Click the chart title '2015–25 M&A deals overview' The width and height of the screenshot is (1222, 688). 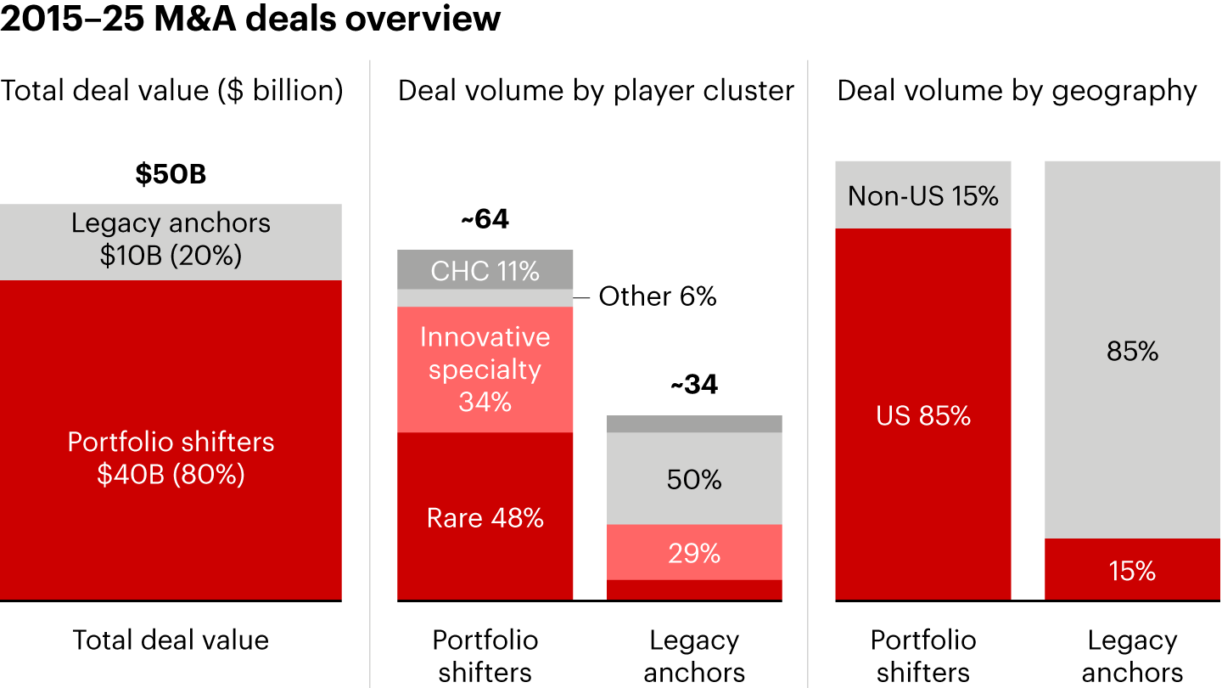pyautogui.click(x=250, y=19)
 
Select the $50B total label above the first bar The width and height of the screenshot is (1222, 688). pyautogui.click(x=171, y=174)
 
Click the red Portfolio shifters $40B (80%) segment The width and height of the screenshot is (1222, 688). pyautogui.click(x=171, y=459)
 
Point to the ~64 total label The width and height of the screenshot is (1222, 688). pyautogui.click(x=485, y=220)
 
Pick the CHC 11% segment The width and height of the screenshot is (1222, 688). pyautogui.click(x=485, y=270)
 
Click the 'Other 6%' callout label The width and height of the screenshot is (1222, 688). pyautogui.click(x=658, y=296)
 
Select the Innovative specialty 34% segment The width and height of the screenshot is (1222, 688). pyautogui.click(x=485, y=369)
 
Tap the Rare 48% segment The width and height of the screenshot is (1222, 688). pyautogui.click(x=485, y=518)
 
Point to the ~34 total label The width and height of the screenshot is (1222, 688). pyautogui.click(x=694, y=385)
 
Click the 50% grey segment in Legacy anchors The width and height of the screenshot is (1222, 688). pyautogui.click(x=694, y=480)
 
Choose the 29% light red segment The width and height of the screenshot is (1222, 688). pyautogui.click(x=694, y=553)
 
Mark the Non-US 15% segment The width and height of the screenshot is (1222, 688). pyautogui.click(x=923, y=196)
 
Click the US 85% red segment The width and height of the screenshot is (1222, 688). pyautogui.click(x=923, y=415)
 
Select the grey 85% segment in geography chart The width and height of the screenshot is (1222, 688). pyautogui.click(x=1132, y=351)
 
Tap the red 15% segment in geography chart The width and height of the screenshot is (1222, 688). pyautogui.click(x=1132, y=571)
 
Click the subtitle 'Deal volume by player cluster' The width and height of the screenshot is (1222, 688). pyautogui.click(x=596, y=91)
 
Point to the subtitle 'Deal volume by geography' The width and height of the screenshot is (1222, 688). pyautogui.click(x=1017, y=91)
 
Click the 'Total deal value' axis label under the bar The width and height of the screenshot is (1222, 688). pyautogui.click(x=171, y=640)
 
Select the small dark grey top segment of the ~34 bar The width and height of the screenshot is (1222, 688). pyautogui.click(x=694, y=424)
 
